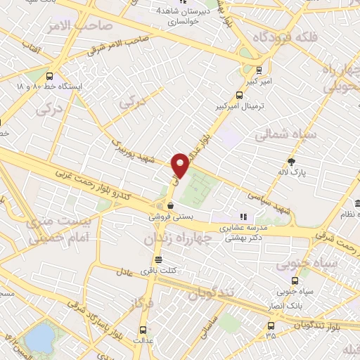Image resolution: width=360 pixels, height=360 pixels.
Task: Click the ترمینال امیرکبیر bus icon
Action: point(259,70)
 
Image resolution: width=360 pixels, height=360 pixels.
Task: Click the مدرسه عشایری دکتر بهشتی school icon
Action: point(243,216)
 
